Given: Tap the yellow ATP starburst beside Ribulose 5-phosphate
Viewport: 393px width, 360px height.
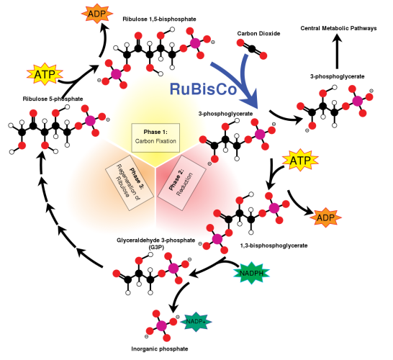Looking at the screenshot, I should click(x=45, y=73).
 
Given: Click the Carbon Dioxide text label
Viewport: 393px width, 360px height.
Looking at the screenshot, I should click(x=258, y=33).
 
